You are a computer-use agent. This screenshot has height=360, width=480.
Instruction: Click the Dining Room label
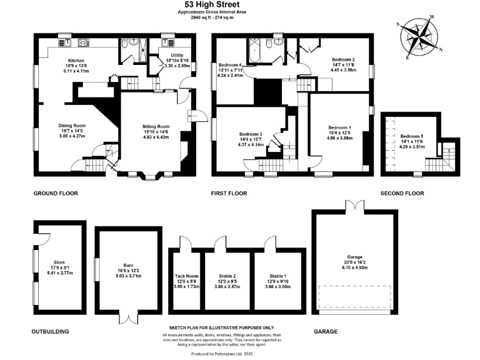pos(72,126)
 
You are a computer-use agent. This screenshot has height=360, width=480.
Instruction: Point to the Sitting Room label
pos(156,126)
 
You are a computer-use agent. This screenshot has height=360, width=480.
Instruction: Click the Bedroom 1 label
pos(339,127)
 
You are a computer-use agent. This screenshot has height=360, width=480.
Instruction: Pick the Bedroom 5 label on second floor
pos(412,136)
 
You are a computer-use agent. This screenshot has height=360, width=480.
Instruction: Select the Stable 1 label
pos(278,276)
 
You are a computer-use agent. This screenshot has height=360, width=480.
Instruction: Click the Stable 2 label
pos(227,276)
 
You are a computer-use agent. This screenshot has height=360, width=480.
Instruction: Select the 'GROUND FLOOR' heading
pos(56,194)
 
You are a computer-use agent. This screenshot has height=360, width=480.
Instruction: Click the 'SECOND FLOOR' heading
pos(402,194)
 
